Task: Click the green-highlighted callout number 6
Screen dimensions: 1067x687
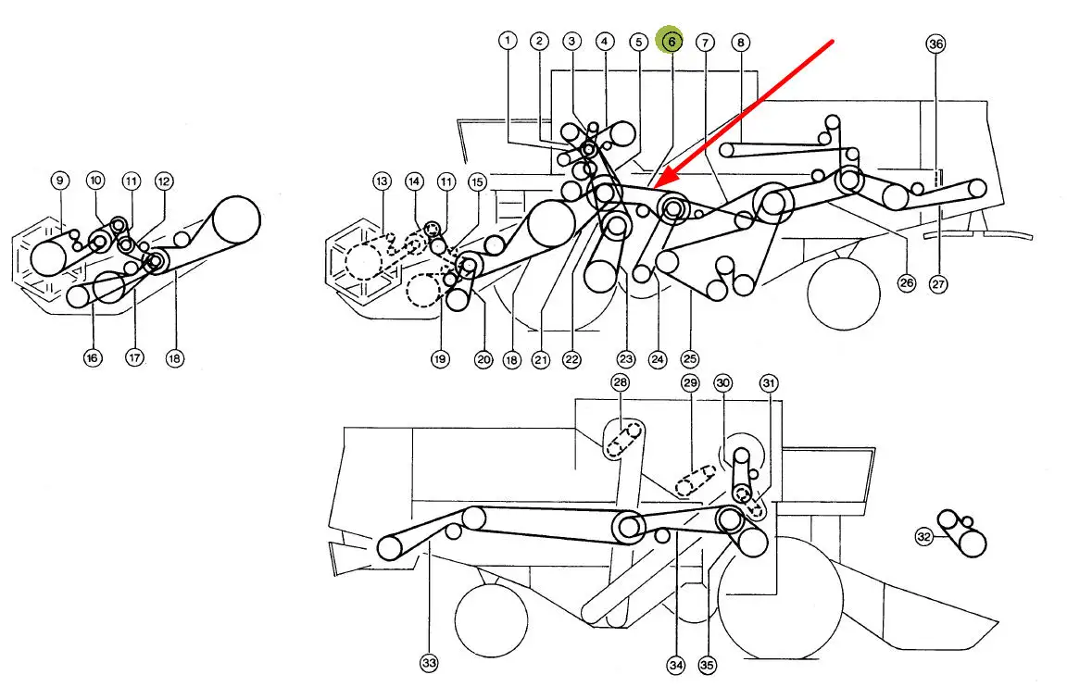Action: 671,41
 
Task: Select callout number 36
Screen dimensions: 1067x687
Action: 935,44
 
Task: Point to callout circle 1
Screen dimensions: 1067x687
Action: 507,41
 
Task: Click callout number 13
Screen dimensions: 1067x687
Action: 382,182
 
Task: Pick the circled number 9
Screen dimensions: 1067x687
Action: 60,180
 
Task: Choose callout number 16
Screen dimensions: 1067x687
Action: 93,357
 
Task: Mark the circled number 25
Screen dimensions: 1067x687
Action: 689,358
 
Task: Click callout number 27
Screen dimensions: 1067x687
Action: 938,284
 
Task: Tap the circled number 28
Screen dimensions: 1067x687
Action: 619,382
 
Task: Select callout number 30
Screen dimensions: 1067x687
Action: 722,382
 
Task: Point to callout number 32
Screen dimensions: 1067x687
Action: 924,535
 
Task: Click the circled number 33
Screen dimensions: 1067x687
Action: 429,663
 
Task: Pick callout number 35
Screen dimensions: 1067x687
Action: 708,663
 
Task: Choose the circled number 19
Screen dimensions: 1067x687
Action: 440,358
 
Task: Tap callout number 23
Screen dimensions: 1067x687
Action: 627,358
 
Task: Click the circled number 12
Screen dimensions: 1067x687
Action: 164,181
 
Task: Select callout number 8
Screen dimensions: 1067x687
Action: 739,42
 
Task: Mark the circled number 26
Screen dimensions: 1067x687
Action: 907,283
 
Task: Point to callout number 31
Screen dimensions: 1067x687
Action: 769,382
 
